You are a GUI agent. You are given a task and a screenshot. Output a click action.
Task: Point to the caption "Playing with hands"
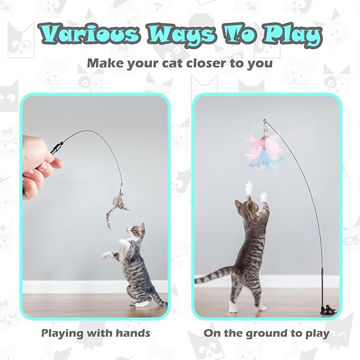coord(95,333)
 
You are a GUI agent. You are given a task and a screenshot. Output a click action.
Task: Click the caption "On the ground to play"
coord(266,333)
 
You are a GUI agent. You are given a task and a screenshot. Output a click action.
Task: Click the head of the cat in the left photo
coord(135,232)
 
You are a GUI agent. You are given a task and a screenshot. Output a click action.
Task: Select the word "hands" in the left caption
coord(133,333)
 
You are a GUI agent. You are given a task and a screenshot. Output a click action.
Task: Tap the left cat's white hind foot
coord(140,304)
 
